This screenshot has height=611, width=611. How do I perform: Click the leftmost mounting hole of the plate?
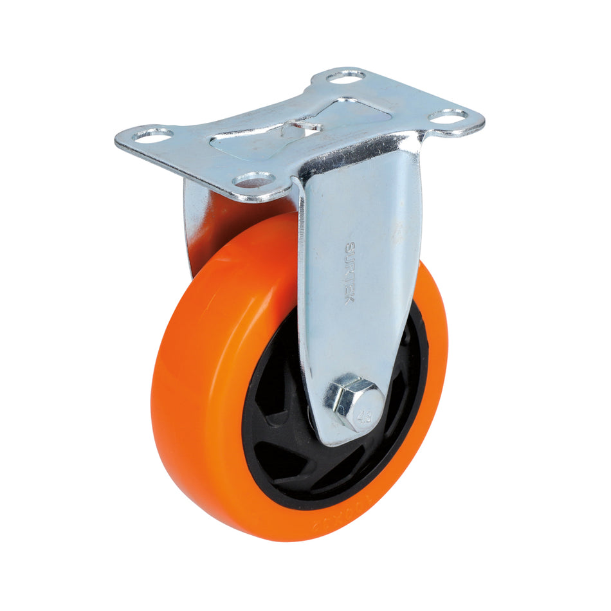[153, 134]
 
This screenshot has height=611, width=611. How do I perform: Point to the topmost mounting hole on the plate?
[345, 77]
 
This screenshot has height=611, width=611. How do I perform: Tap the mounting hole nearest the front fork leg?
[255, 180]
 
